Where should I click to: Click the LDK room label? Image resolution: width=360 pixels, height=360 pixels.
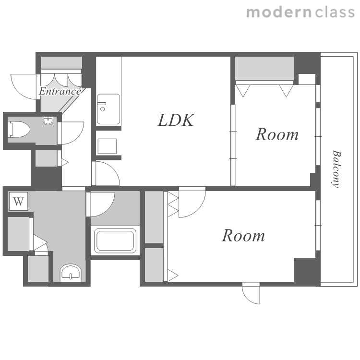click(176, 120)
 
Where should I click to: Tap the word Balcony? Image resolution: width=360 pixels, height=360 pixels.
click(337, 169)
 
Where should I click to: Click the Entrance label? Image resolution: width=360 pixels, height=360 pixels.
click(60, 91)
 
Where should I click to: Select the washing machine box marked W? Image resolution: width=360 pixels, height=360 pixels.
click(18, 201)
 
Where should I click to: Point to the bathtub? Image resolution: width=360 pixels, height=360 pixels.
click(115, 240)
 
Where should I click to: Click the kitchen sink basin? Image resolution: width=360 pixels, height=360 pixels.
click(108, 109)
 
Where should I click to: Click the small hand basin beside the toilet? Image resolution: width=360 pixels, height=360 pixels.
click(48, 120)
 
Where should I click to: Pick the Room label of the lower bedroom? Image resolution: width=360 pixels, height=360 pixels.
click(243, 236)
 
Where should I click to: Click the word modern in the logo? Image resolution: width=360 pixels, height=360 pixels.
click(279, 12)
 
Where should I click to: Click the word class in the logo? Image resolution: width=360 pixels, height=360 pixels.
click(335, 12)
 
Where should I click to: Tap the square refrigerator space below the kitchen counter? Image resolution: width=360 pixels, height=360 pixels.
click(107, 146)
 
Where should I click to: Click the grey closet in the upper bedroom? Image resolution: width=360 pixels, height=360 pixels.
click(264, 69)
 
